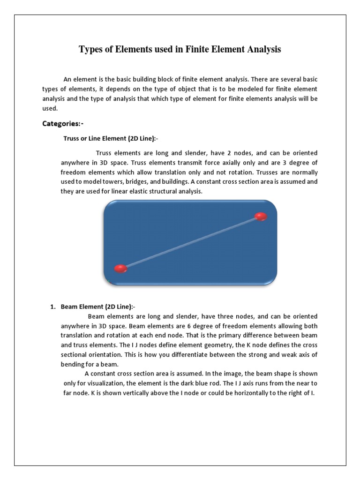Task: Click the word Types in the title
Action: [92, 49]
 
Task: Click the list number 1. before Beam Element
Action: [53, 307]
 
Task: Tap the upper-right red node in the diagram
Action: [261, 216]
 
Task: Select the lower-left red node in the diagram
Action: [120, 269]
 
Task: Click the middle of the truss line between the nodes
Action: [191, 242]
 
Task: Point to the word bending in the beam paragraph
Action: [72, 364]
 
